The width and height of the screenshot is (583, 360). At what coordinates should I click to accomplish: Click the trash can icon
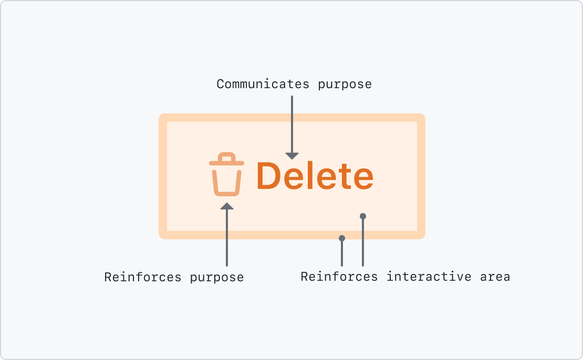[226, 175]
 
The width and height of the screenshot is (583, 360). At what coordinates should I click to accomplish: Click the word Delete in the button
[315, 176]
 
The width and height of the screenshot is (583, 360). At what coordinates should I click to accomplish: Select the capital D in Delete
[269, 176]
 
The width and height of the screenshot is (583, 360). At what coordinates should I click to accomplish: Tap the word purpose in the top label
[345, 84]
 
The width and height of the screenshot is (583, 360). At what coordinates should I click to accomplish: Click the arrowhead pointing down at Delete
[292, 155]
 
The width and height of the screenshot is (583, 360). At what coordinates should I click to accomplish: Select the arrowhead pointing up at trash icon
[226, 206]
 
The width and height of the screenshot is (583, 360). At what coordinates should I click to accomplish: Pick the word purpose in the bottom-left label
[217, 277]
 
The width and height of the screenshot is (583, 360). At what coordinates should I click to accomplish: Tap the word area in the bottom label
[495, 276]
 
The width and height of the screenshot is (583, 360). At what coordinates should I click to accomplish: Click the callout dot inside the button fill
[362, 216]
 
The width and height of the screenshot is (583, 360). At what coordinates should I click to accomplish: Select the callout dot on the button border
[342, 238]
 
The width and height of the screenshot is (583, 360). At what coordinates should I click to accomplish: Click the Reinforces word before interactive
[339, 276]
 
